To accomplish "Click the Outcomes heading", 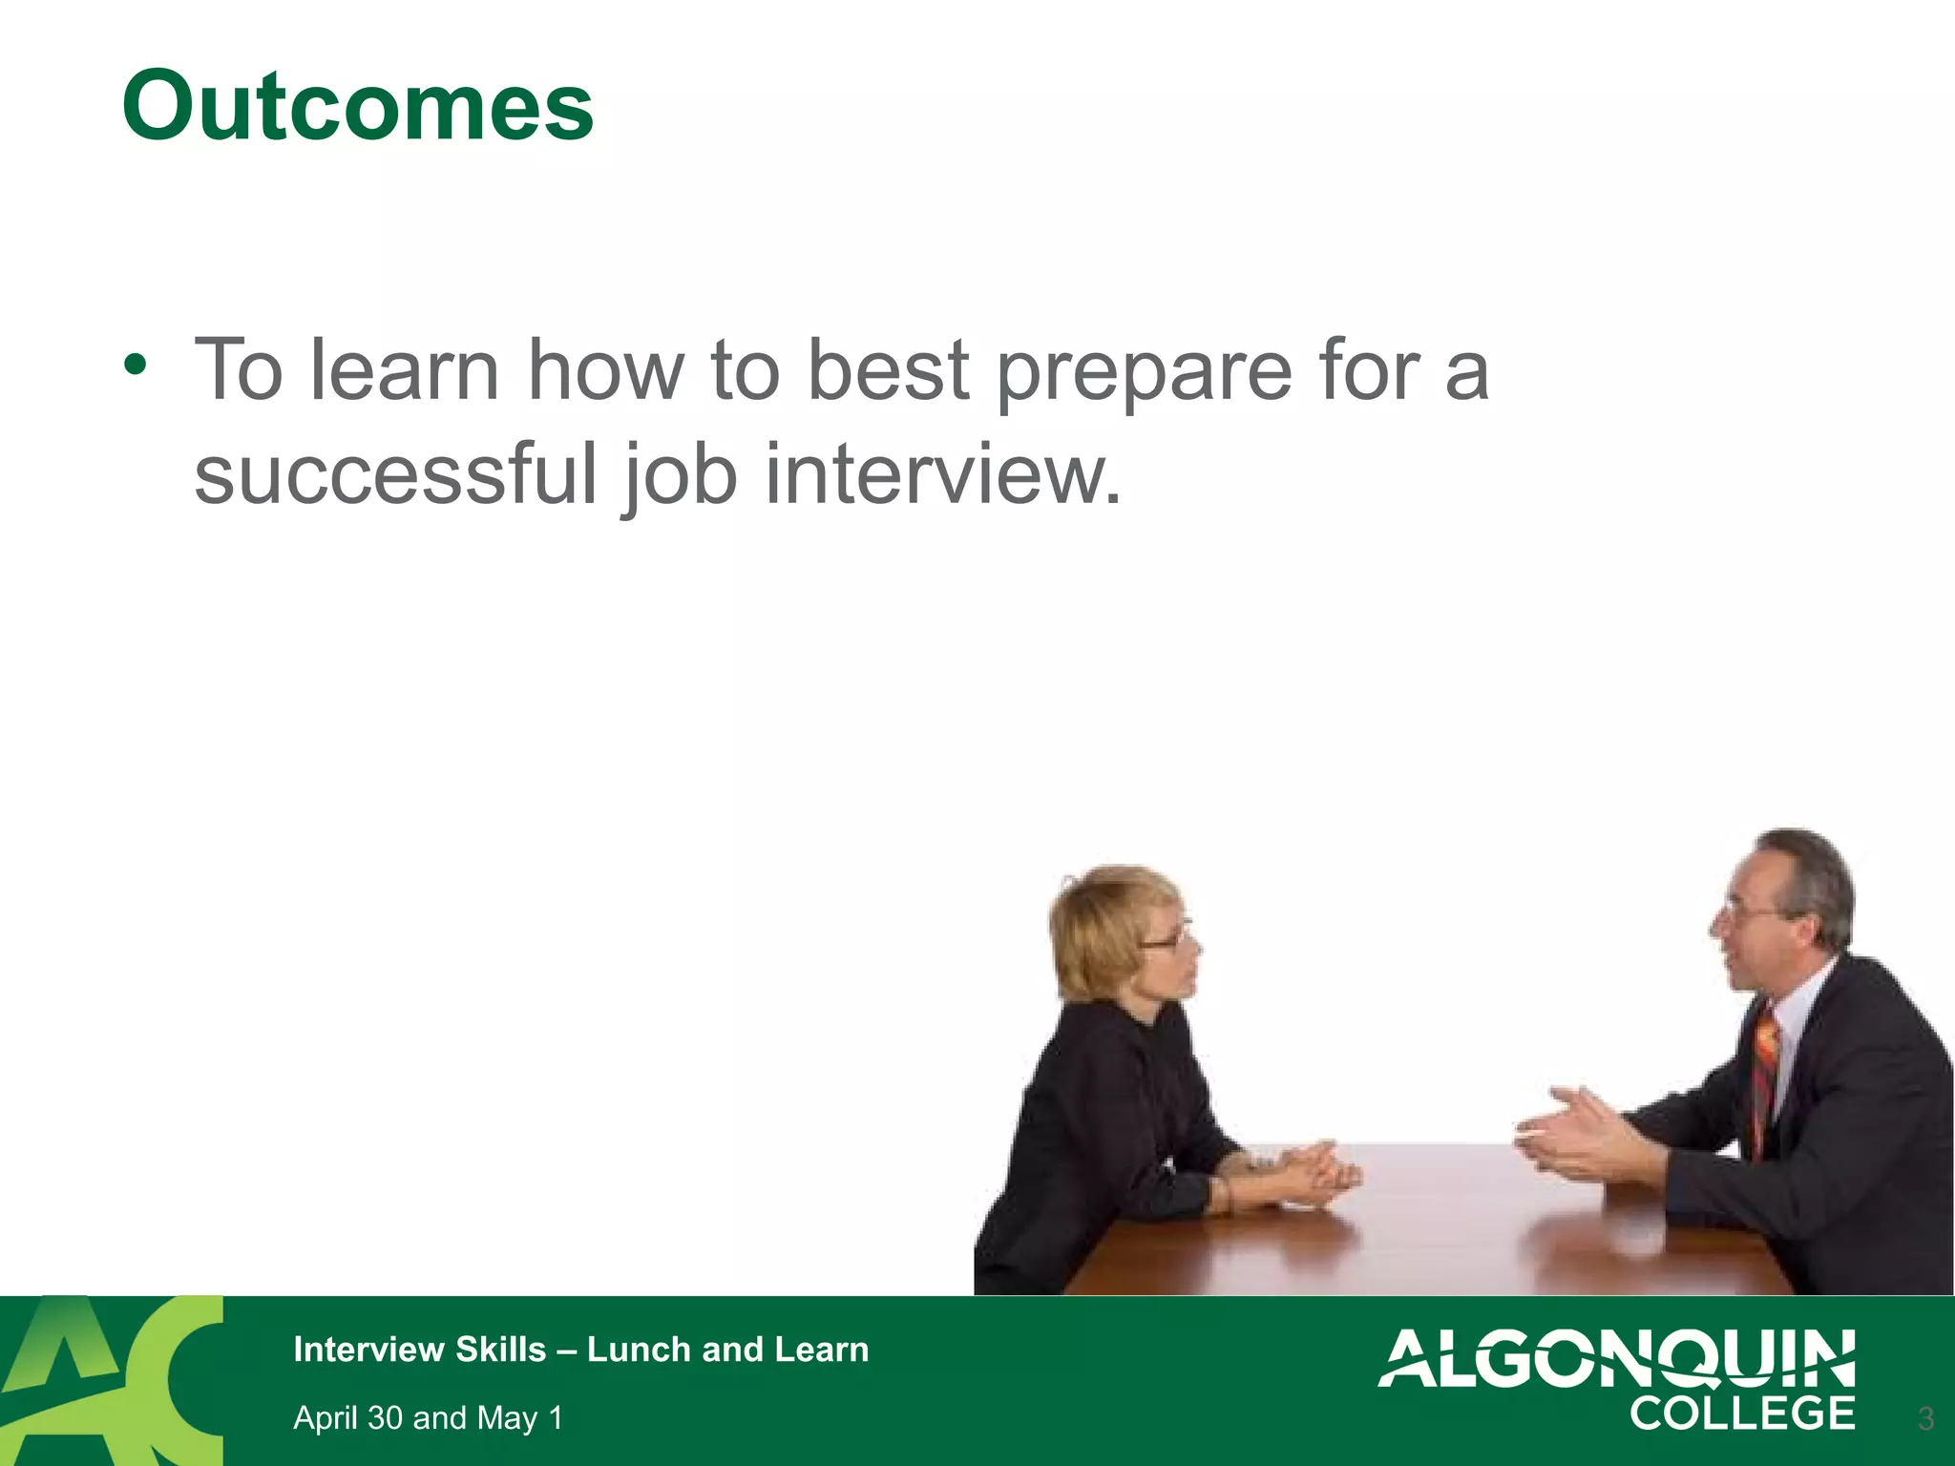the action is [x=358, y=106].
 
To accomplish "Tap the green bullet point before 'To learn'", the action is [x=136, y=365].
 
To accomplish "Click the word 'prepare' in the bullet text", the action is [x=1144, y=372].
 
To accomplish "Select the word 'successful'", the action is [x=395, y=474].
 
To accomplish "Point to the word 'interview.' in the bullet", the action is [x=943, y=474].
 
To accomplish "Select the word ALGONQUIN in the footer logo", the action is [x=1616, y=1358].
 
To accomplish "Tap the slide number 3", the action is [x=1925, y=1418].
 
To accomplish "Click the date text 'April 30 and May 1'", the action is [x=428, y=1418].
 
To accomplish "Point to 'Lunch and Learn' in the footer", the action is [x=727, y=1350].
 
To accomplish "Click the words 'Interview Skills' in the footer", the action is [x=419, y=1350].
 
